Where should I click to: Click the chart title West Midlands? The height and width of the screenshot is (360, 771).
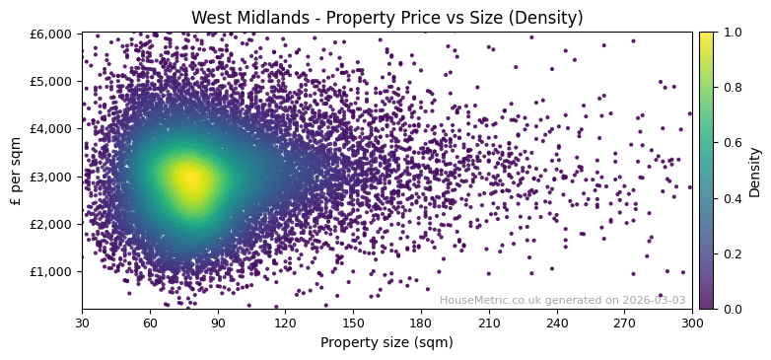pyautogui.click(x=386, y=18)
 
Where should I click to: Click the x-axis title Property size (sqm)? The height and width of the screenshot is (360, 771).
pyautogui.click(x=386, y=343)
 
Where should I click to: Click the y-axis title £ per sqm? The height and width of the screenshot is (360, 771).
pyautogui.click(x=17, y=171)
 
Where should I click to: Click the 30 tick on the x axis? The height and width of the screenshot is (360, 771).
pyautogui.click(x=82, y=322)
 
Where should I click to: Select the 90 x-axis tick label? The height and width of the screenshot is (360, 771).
pyautogui.click(x=218, y=322)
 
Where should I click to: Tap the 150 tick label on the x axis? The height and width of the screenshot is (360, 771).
pyautogui.click(x=353, y=322)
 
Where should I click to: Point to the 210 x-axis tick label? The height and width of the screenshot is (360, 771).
pyautogui.click(x=489, y=322)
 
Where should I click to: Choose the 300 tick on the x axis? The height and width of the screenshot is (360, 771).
pyautogui.click(x=692, y=322)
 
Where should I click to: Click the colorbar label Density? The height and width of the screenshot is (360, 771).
pyautogui.click(x=755, y=172)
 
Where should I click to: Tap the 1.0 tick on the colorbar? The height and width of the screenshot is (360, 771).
pyautogui.click(x=734, y=33)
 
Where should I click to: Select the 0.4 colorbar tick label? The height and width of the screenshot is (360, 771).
pyautogui.click(x=734, y=198)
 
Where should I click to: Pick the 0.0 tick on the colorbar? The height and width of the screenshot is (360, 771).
pyautogui.click(x=734, y=309)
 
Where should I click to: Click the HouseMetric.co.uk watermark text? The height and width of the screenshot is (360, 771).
pyautogui.click(x=562, y=300)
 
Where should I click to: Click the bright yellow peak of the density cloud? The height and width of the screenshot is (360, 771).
pyautogui.click(x=189, y=179)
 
